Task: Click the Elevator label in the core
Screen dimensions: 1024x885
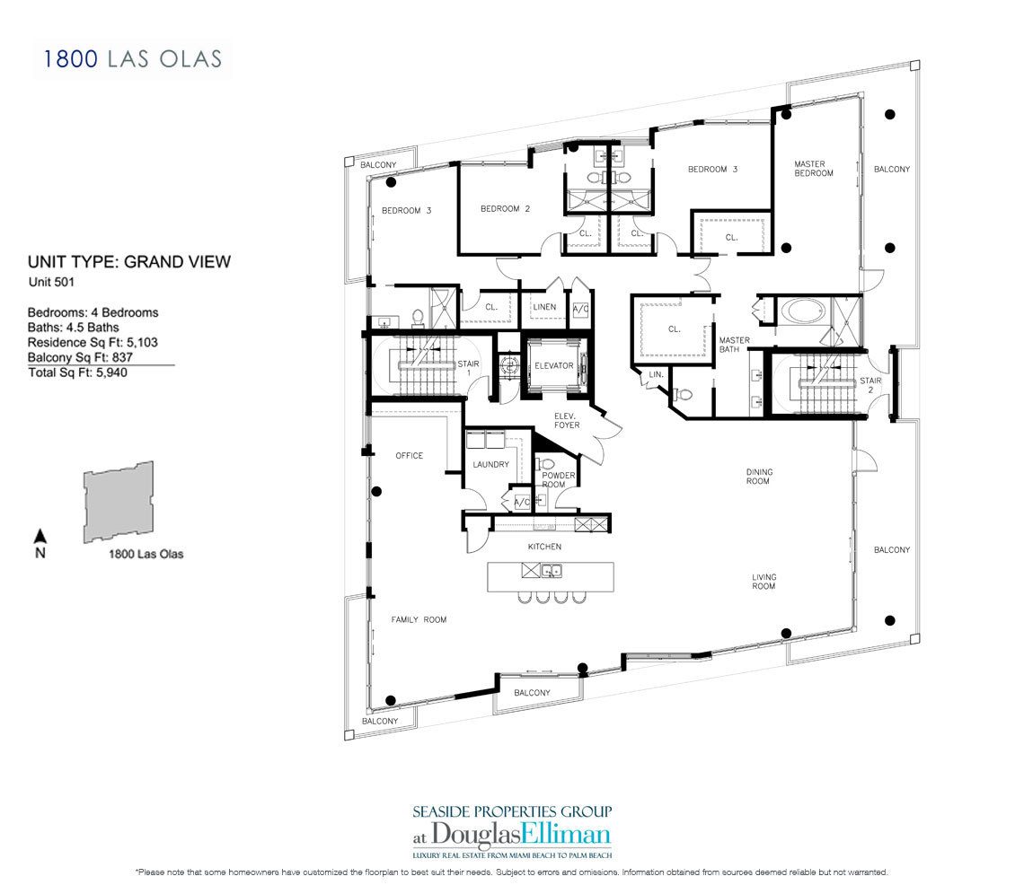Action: click(554, 365)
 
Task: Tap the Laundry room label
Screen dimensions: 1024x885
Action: click(490, 465)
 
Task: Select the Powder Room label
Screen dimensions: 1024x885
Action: click(558, 479)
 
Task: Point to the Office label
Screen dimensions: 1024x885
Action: click(410, 456)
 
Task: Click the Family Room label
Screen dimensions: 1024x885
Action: click(419, 619)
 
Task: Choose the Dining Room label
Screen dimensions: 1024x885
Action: click(759, 477)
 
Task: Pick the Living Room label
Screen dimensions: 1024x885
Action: click(764, 582)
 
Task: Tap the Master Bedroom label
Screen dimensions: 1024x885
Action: click(813, 169)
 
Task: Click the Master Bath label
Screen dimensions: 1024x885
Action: click(734, 345)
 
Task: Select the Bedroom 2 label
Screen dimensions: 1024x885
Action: click(506, 209)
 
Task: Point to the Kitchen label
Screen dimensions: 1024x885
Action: click(544, 547)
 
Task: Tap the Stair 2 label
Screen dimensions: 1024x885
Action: click(870, 385)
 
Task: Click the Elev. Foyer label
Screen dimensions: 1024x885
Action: click(566, 420)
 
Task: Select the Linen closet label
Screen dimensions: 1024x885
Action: click(544, 307)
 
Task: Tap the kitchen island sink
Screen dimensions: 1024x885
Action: click(552, 571)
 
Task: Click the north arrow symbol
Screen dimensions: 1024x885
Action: click(40, 536)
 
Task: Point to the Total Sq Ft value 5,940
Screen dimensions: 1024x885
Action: click(111, 372)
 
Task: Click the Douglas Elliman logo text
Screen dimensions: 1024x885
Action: click(511, 835)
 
